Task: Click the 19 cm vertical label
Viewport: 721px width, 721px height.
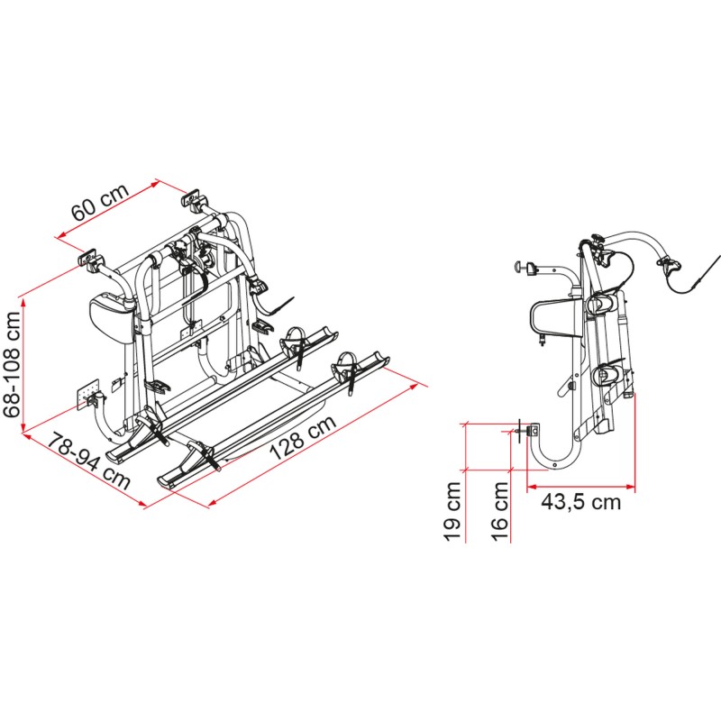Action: click(454, 510)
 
